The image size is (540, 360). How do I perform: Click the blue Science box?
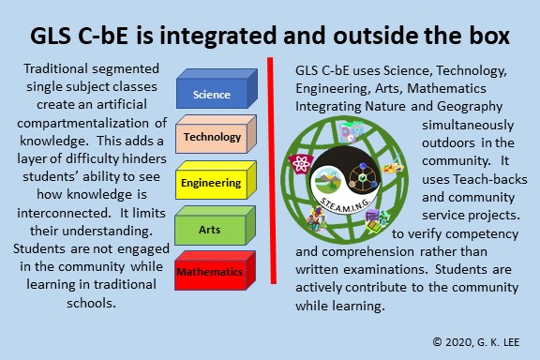pyautogui.click(x=217, y=88)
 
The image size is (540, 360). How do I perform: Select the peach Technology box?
pyautogui.click(x=216, y=134)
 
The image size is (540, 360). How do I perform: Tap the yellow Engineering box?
pyautogui.click(x=216, y=180)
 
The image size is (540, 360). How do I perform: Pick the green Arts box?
pyautogui.click(x=216, y=226)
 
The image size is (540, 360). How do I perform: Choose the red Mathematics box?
pyautogui.click(x=216, y=270)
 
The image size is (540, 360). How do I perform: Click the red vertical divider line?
pyautogui.click(x=272, y=171)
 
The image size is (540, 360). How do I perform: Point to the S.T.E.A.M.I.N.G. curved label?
pyautogui.click(x=345, y=204)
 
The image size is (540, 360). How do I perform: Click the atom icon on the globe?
pyautogui.click(x=301, y=164)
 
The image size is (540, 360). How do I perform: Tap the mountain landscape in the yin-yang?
pyautogui.click(x=326, y=179)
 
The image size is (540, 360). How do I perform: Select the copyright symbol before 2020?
pyautogui.click(x=437, y=342)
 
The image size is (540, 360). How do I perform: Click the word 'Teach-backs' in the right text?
pyautogui.click(x=490, y=179)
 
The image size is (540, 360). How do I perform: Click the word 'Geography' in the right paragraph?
pyautogui.click(x=470, y=107)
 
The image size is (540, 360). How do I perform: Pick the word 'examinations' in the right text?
pyautogui.click(x=385, y=269)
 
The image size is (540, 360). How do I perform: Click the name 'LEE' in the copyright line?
pyautogui.click(x=509, y=342)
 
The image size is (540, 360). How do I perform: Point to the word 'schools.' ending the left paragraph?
pyautogui.click(x=91, y=303)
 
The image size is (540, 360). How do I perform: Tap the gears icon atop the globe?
pyautogui.click(x=349, y=132)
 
